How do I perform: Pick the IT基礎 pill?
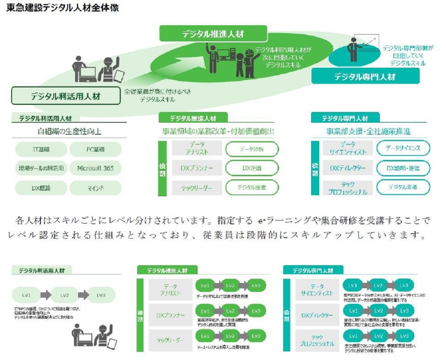click(x=41, y=150)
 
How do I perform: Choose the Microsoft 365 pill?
click(x=95, y=168)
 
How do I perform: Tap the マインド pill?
click(x=95, y=188)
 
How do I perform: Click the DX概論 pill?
click(x=41, y=188)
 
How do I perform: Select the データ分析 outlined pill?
click(x=252, y=149)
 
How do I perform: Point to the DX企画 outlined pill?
click(x=252, y=168)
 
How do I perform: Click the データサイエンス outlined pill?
click(x=403, y=148)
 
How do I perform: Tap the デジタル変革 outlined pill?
click(x=403, y=187)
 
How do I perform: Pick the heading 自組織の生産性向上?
click(x=70, y=132)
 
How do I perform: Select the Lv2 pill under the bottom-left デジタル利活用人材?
click(x=65, y=295)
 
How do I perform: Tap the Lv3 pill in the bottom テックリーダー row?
click(x=256, y=336)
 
